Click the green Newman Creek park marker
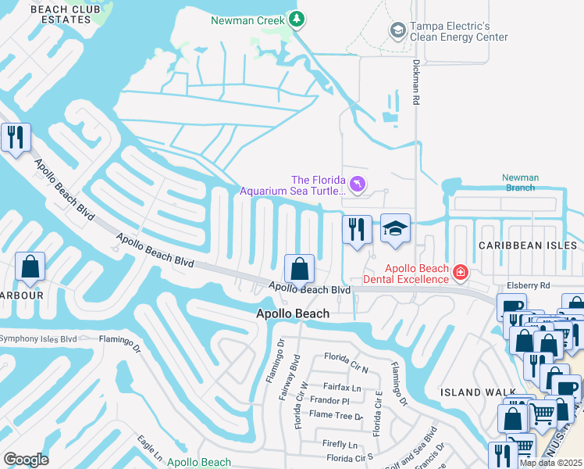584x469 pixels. [x=295, y=18]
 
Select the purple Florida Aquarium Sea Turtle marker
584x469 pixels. [x=357, y=183]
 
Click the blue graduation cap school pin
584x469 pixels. [x=395, y=229]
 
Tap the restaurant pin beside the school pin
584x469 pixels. [x=357, y=230]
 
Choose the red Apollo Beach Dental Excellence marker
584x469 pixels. [x=461, y=272]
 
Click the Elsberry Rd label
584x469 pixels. [x=529, y=286]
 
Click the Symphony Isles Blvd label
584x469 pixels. [x=38, y=338]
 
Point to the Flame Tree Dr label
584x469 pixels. [x=337, y=416]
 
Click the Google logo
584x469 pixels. [x=26, y=460]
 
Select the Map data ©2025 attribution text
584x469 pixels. [x=550, y=463]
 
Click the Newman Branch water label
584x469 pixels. [x=520, y=183]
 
